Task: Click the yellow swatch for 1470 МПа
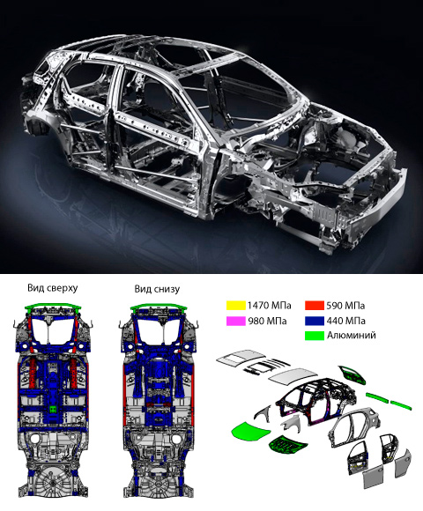(235, 306)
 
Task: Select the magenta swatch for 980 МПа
(235, 321)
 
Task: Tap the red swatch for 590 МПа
(315, 306)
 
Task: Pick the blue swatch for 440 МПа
(315, 321)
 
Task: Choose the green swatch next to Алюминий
(315, 336)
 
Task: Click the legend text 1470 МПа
(269, 306)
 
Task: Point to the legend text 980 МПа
(267, 322)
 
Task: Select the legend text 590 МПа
(345, 306)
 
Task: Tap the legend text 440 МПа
(345, 322)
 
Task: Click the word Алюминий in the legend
(351, 336)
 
